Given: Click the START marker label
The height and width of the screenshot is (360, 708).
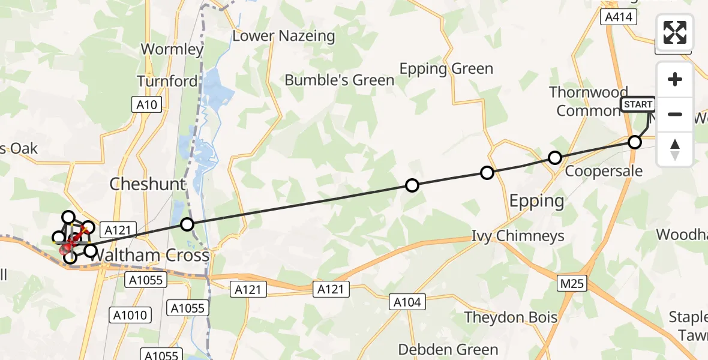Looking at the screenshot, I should pos(638,104).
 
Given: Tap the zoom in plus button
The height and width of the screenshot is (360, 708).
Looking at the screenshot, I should pos(675,79).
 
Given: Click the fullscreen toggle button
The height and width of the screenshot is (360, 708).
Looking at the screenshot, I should pos(675,32).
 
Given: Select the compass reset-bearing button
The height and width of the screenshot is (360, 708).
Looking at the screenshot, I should pos(675,149).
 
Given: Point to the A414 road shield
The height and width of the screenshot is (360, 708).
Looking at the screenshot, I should pos(619,17).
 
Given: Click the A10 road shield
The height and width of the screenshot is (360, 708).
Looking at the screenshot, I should pos(146,105).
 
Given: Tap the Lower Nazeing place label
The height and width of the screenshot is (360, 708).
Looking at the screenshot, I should pos(283,36).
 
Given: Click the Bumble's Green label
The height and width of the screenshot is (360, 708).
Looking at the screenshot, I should pos(340,80).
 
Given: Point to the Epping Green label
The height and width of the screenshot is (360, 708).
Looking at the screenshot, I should pos(446,68).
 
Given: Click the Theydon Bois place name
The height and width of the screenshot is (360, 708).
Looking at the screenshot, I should pos(511,317).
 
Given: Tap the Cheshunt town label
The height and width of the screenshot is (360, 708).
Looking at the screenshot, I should pos(148,184).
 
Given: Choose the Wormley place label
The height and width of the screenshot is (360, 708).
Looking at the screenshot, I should pos(172,49).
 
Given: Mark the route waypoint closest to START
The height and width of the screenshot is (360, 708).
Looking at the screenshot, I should pos(634,142).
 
